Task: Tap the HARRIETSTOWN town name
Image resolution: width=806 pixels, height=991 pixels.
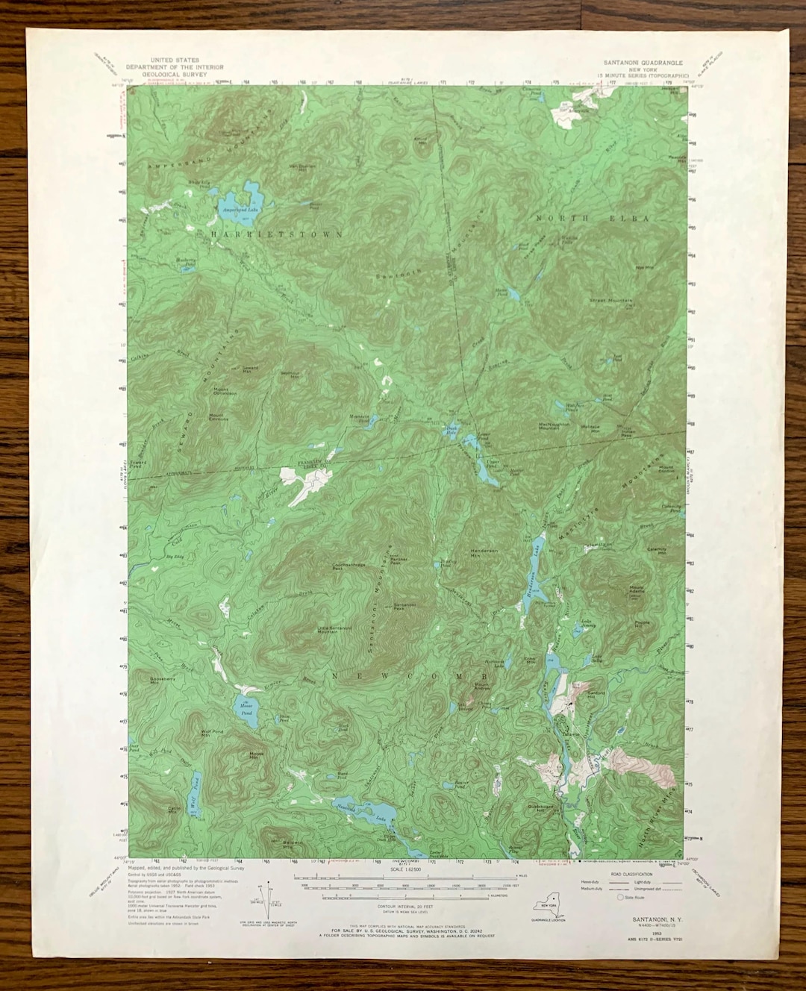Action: click(276, 234)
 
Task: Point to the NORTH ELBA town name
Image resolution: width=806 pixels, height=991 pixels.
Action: click(593, 218)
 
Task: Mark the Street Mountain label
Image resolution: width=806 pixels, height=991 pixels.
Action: click(611, 301)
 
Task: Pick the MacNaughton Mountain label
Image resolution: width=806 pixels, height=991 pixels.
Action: click(559, 426)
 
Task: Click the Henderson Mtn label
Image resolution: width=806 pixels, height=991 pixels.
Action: click(484, 553)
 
